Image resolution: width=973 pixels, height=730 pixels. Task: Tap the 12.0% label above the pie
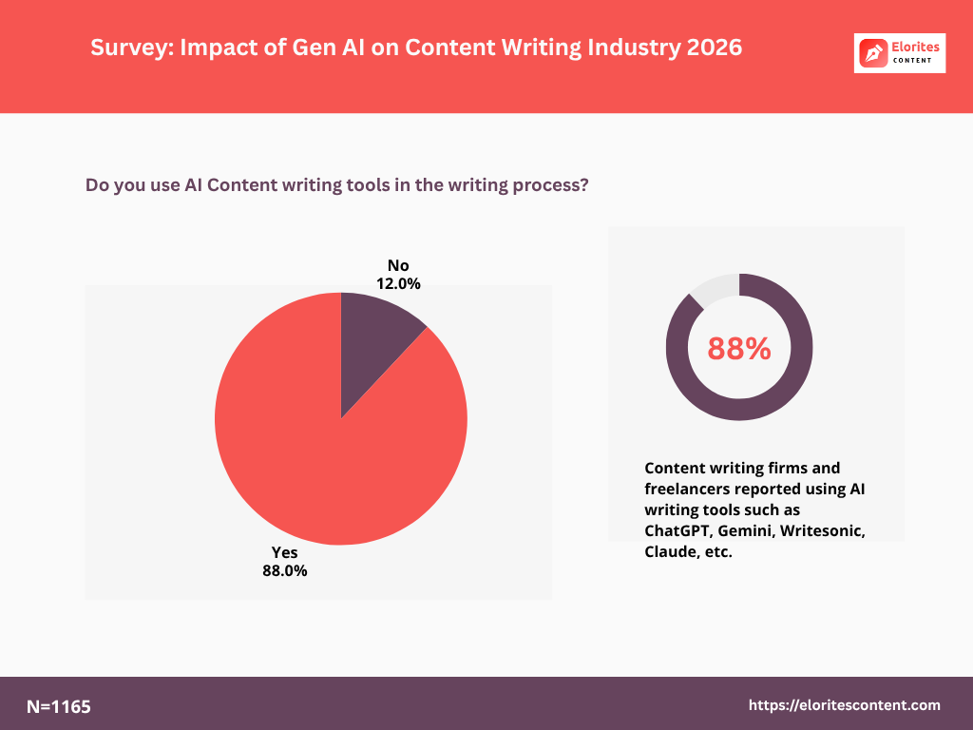pos(397,283)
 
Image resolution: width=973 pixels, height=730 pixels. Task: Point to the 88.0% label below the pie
pos(285,571)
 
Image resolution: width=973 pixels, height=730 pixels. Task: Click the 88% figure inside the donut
pos(739,349)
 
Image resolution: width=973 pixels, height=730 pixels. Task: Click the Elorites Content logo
pos(900,53)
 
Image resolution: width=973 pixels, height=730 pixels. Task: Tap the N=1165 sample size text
pos(59,706)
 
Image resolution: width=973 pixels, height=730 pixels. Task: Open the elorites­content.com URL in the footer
pos(845,705)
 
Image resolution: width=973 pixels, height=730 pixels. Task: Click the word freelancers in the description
pos(691,489)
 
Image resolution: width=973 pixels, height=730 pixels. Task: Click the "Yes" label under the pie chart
pos(285,552)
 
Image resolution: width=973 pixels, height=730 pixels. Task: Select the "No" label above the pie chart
pos(397,265)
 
